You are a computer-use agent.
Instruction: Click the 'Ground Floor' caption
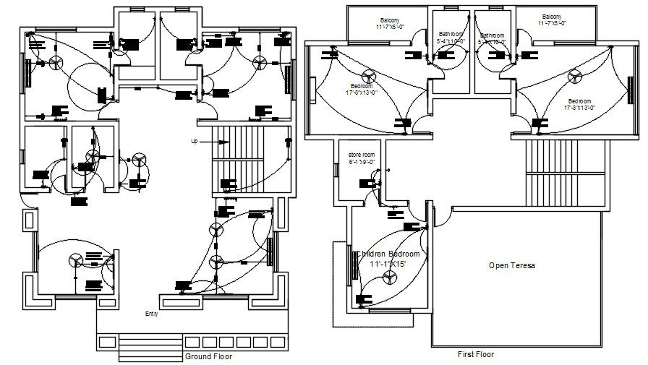click(x=210, y=356)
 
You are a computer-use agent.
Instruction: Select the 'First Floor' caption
click(x=476, y=354)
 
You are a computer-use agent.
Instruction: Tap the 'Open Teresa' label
click(x=511, y=266)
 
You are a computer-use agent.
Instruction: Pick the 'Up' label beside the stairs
click(x=194, y=141)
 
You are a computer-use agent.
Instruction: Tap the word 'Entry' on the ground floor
click(x=151, y=314)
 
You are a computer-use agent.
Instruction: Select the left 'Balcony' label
click(x=391, y=19)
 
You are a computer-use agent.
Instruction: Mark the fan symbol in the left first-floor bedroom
click(x=368, y=78)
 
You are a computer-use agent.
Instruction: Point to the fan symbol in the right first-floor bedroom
click(x=576, y=75)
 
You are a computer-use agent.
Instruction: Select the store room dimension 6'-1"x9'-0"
click(x=361, y=162)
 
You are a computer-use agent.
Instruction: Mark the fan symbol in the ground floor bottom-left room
click(x=75, y=260)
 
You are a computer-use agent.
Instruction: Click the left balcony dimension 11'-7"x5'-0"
click(x=390, y=27)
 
